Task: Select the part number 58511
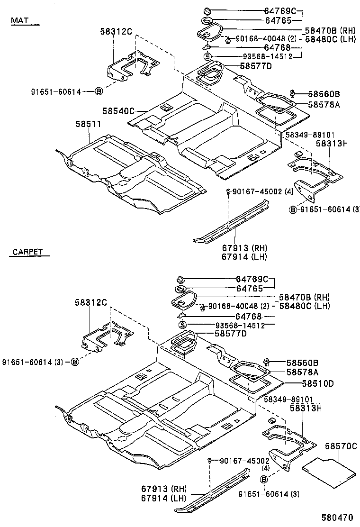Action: coord(88,124)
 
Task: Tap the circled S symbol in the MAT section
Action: coord(207,57)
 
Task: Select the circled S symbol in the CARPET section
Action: coord(181,325)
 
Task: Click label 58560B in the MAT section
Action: coord(324,94)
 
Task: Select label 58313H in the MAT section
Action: coord(332,144)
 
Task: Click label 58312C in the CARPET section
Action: coord(90,302)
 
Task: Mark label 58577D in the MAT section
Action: coord(256,66)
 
